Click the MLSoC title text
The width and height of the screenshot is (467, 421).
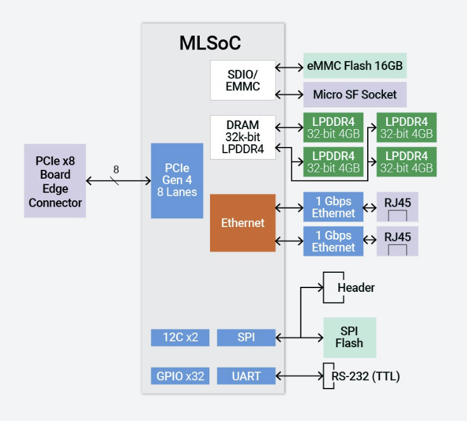pyautogui.click(x=210, y=43)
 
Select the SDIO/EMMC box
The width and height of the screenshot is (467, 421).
pyautogui.click(x=243, y=80)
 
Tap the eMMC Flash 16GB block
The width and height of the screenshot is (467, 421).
pyautogui.click(x=354, y=66)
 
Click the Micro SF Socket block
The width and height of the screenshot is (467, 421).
pyautogui.click(x=354, y=95)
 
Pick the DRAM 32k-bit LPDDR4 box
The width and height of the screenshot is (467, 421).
pyautogui.click(x=243, y=137)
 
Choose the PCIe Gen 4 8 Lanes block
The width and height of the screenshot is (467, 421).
pyautogui.click(x=177, y=181)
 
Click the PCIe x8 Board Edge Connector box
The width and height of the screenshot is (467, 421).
pyautogui.click(x=55, y=181)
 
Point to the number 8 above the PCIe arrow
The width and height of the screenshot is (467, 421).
pyautogui.click(x=116, y=169)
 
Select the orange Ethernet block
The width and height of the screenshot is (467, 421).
pyautogui.click(x=242, y=223)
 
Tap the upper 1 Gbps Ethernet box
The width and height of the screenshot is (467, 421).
pyautogui.click(x=333, y=207)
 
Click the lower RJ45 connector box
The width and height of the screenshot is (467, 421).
pyautogui.click(x=398, y=241)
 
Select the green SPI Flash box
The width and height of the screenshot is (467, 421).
pyautogui.click(x=349, y=337)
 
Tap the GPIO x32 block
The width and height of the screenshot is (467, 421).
pyautogui.click(x=180, y=376)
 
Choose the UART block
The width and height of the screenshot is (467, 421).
pyautogui.click(x=246, y=376)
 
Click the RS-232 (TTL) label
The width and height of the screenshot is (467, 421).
pyautogui.click(x=365, y=376)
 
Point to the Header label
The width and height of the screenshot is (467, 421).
pyautogui.click(x=356, y=287)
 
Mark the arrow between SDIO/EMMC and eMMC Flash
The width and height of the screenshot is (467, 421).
pyautogui.click(x=289, y=66)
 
